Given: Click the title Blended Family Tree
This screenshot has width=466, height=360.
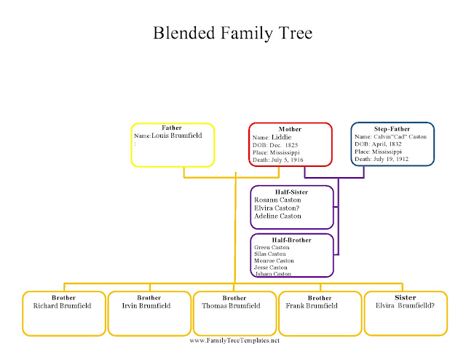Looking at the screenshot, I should click(x=233, y=34).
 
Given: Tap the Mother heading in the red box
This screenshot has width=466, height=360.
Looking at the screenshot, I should click(x=290, y=129).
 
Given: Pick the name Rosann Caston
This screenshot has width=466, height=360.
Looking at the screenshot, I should click(x=277, y=199).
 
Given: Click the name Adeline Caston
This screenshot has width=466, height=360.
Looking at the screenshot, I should click(x=277, y=216).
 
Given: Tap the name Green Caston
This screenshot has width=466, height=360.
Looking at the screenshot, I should click(x=272, y=247).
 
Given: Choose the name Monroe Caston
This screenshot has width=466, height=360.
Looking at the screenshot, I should click(x=274, y=260).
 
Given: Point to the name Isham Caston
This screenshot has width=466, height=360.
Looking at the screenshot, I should click(x=272, y=273).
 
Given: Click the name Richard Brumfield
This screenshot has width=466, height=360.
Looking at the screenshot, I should click(x=63, y=306).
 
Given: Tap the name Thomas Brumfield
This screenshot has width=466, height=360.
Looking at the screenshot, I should click(x=234, y=306).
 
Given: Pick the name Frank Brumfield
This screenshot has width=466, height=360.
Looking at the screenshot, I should click(x=312, y=306).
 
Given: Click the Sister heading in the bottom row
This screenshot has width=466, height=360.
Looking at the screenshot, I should click(x=406, y=297).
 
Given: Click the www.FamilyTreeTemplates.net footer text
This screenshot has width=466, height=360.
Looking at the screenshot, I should click(x=234, y=340).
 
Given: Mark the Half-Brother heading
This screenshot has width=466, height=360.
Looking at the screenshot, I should click(x=292, y=240).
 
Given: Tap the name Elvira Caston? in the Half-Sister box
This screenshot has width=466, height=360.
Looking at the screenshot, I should click(x=277, y=208).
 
